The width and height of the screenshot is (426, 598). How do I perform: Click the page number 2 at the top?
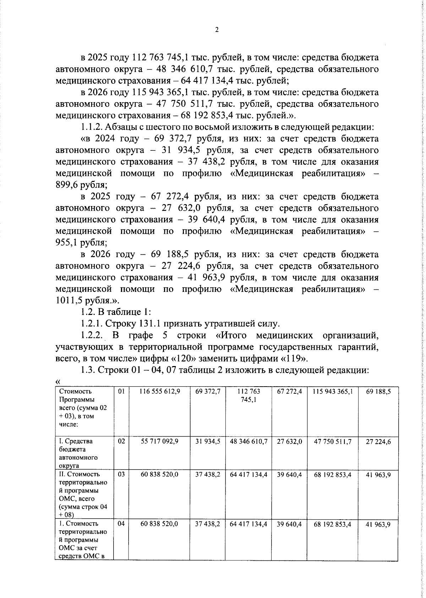coord(217,30)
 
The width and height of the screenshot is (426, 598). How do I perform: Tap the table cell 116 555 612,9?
coord(160,392)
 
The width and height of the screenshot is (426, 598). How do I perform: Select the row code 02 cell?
coord(121,441)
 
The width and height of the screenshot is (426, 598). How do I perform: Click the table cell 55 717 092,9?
coord(160,441)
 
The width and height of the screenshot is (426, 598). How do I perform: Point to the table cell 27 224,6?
coord(378,442)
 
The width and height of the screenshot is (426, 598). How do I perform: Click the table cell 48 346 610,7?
coord(248,441)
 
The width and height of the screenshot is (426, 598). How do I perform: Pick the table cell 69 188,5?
coord(378,392)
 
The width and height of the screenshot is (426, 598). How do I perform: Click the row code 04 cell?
coord(121,524)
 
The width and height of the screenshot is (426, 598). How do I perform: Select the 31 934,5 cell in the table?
coord(208,441)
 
